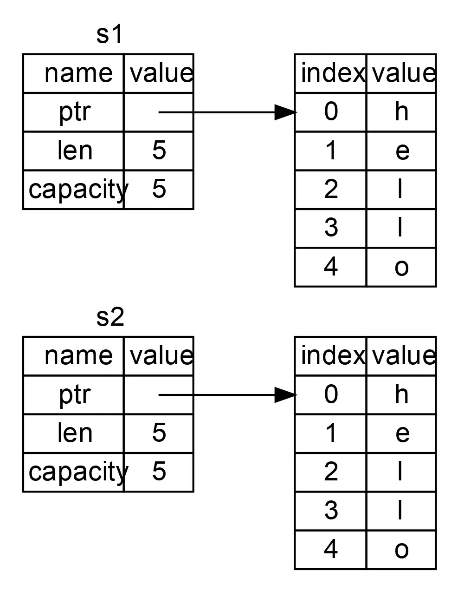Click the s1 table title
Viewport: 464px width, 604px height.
click(x=110, y=35)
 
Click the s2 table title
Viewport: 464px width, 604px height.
click(x=110, y=317)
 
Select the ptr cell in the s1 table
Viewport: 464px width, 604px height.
click(x=74, y=112)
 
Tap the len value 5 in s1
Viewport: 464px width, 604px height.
click(x=159, y=151)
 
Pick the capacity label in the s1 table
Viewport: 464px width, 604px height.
click(x=77, y=190)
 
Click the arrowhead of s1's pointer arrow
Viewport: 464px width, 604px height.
click(x=284, y=112)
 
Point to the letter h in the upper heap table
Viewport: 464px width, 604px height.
click(x=401, y=112)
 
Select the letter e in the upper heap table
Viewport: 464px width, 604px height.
click(x=402, y=151)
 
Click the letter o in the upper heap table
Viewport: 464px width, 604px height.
click(x=401, y=267)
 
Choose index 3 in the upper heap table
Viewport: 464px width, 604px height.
click(x=330, y=228)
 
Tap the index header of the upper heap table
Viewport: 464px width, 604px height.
click(x=332, y=73)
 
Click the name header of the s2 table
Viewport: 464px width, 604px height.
click(x=78, y=356)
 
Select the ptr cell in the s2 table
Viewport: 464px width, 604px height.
click(x=74, y=395)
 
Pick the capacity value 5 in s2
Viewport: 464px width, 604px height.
click(x=159, y=472)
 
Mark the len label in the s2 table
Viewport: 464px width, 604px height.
click(x=74, y=433)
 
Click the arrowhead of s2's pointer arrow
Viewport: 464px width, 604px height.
click(x=284, y=395)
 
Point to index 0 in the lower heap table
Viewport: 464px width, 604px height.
click(x=330, y=394)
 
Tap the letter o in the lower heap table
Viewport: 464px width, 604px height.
click(x=401, y=550)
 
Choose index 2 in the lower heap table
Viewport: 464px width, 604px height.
click(x=330, y=472)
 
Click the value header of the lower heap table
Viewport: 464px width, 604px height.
click(x=403, y=356)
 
